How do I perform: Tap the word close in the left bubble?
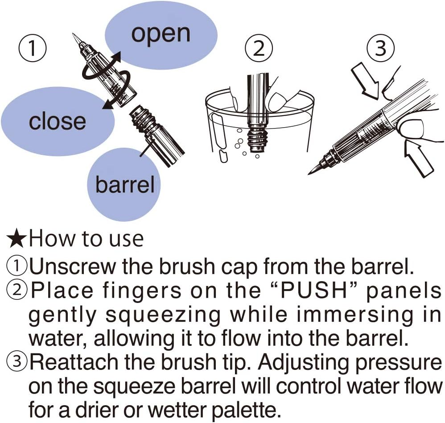click(x=58, y=121)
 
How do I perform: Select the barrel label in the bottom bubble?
click(x=125, y=184)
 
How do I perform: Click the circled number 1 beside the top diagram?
click(x=33, y=48)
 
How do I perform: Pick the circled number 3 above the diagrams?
click(x=381, y=48)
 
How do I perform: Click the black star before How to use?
click(x=17, y=240)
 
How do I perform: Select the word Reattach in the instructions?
click(x=74, y=362)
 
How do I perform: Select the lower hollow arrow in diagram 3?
click(x=418, y=158)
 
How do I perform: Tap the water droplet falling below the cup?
click(x=223, y=157)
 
